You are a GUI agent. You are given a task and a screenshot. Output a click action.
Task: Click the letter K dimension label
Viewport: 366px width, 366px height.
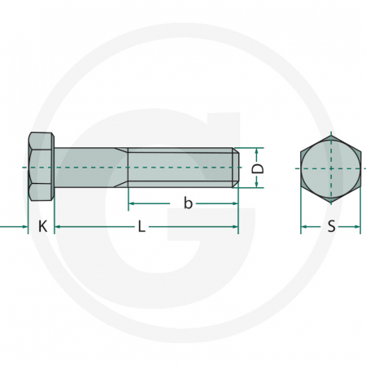click(42, 227)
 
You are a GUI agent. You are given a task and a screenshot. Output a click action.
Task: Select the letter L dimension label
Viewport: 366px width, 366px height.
click(142, 227)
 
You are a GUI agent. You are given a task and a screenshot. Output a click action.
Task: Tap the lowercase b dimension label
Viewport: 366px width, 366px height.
click(188, 203)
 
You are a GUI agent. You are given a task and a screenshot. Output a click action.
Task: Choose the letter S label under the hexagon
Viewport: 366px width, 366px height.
click(331, 227)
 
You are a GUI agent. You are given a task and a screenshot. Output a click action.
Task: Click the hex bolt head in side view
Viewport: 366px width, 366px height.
click(41, 168)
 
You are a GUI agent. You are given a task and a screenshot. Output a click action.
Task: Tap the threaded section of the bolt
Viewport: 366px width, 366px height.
click(183, 168)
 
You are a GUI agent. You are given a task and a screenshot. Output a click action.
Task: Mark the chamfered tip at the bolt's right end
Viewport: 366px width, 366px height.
click(237, 168)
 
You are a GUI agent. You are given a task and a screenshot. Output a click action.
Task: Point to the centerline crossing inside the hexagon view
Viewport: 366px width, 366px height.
click(331, 168)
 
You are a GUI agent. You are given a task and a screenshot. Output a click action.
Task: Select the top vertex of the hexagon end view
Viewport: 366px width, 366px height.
click(331, 133)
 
